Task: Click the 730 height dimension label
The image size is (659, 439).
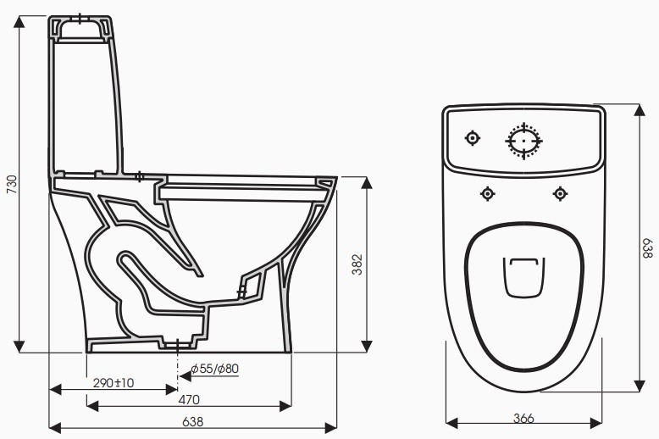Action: [x=11, y=185]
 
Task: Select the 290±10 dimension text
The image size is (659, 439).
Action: [x=113, y=383]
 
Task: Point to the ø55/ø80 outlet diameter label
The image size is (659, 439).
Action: [x=214, y=369]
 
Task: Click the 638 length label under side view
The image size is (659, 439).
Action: [x=192, y=420]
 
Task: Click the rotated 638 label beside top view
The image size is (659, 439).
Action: [x=646, y=248]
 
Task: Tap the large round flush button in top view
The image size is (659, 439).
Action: [x=523, y=140]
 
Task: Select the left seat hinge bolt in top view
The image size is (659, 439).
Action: [x=487, y=194]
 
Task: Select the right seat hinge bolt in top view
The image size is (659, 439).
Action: [x=559, y=194]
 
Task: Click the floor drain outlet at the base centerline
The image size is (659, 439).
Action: [x=176, y=346]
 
